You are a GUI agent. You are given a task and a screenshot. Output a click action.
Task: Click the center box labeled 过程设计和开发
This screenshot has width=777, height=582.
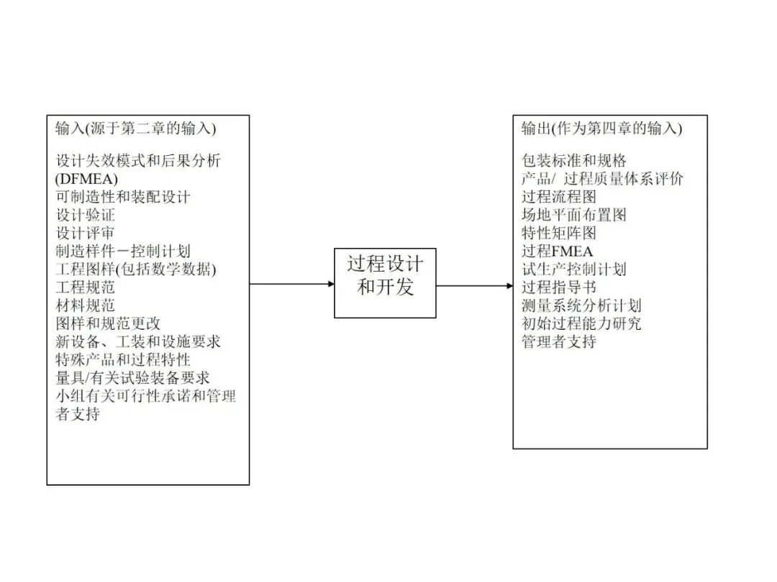[x=385, y=282]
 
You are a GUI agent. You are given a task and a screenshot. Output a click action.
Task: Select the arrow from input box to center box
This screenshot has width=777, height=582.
[x=291, y=284]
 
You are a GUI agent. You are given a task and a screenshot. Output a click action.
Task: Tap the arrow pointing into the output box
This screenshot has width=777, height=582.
[x=474, y=285]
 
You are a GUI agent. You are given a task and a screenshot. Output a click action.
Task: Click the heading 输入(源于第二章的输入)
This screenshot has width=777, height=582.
[x=136, y=129]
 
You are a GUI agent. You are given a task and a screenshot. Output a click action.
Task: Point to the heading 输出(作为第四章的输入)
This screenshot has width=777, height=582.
[x=601, y=129]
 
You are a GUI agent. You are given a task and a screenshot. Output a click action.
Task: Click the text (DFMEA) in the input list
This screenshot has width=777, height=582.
[x=86, y=178]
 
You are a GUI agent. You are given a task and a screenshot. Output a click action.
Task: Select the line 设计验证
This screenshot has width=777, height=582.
[x=86, y=215]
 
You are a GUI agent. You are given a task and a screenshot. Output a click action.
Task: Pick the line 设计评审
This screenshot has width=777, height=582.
[x=86, y=233]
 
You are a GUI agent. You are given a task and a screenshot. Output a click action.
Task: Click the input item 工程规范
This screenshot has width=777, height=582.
[x=86, y=287]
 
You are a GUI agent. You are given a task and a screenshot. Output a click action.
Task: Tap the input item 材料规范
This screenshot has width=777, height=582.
[x=86, y=305]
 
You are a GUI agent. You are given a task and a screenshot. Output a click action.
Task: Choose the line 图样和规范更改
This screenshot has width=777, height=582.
[x=108, y=323]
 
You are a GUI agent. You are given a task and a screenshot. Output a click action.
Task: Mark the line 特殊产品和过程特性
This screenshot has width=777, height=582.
[x=123, y=359]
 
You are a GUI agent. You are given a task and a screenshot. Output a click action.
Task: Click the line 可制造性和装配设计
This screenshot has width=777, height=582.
[x=123, y=196]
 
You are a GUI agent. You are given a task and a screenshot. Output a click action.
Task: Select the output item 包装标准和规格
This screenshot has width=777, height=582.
[x=574, y=160]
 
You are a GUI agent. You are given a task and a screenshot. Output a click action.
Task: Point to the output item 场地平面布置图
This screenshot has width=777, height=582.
[x=574, y=215]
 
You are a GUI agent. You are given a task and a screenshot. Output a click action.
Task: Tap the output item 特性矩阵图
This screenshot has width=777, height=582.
[x=559, y=233]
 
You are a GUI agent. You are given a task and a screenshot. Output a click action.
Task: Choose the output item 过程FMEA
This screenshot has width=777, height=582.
[x=558, y=251]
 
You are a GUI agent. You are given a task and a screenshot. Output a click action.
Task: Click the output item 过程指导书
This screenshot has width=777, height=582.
[x=559, y=287]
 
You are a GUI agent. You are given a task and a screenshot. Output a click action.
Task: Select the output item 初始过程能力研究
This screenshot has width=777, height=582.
[x=581, y=323]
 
